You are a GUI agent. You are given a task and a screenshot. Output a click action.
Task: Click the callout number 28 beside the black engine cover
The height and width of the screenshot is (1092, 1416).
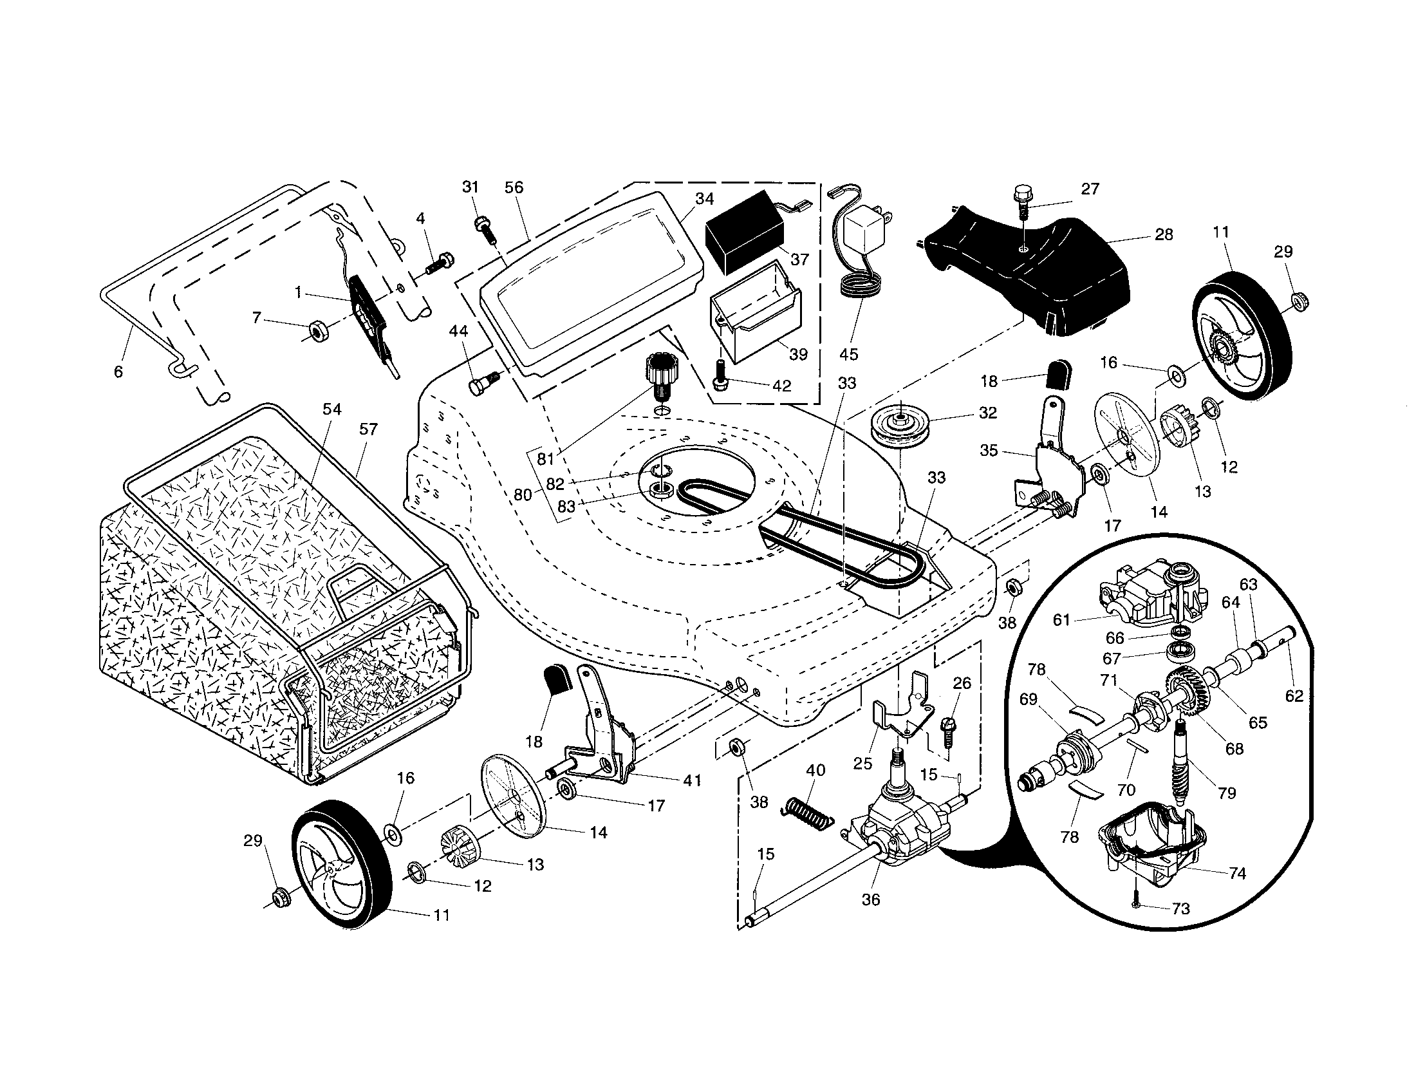coord(1164,234)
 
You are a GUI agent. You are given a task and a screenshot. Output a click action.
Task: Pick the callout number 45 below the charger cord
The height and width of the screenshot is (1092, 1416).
coord(848,354)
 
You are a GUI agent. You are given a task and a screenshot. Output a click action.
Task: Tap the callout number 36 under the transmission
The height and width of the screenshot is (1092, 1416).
coord(870,899)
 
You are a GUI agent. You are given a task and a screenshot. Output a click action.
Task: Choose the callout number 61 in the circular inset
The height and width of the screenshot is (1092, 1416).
coord(1061,620)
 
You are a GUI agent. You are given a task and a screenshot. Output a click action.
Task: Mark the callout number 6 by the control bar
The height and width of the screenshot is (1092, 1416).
coord(118,372)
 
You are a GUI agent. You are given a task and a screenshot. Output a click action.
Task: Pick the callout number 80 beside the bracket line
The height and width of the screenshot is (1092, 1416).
coord(522,494)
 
